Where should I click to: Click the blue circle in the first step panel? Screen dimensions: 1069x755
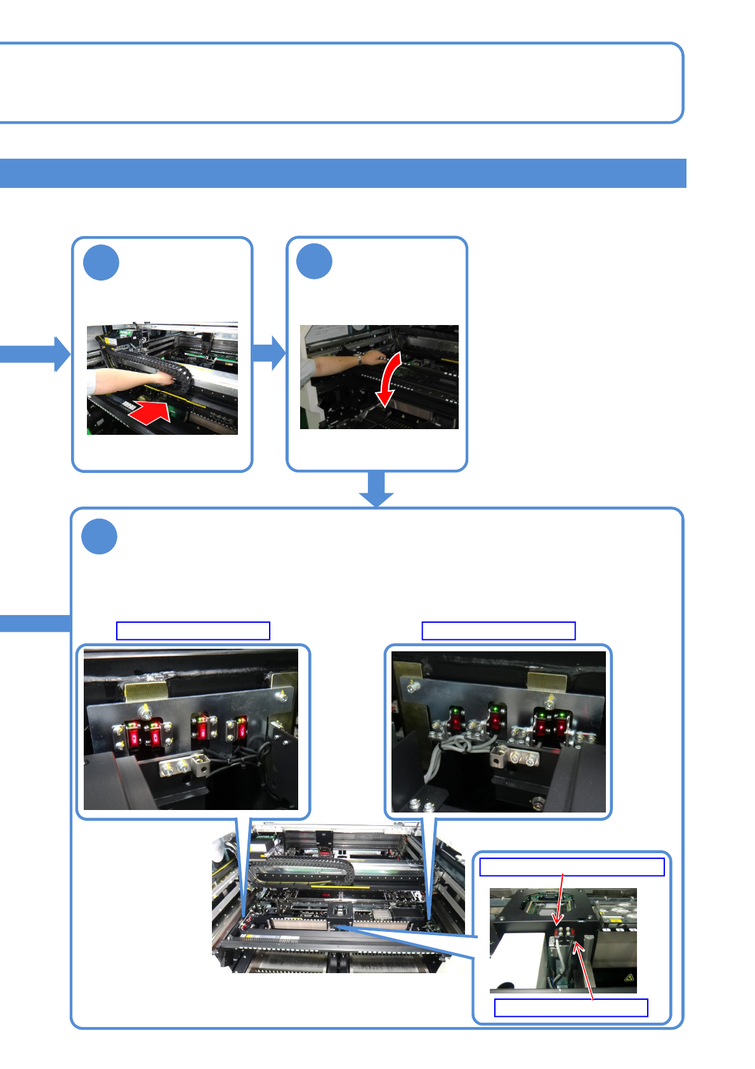(102, 262)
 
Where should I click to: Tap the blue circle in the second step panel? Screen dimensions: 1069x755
(315, 262)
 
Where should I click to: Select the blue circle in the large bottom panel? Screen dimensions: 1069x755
(100, 536)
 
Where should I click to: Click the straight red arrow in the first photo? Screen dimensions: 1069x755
(150, 412)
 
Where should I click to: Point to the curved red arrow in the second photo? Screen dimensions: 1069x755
(389, 378)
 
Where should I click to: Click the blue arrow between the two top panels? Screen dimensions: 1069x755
(270, 353)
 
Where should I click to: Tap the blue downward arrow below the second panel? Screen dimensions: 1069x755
(377, 489)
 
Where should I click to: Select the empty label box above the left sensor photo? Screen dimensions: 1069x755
(193, 630)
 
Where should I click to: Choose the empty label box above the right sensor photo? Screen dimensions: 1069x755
(499, 630)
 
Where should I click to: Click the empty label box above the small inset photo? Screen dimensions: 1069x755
(572, 866)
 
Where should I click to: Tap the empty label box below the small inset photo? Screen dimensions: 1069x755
(571, 1007)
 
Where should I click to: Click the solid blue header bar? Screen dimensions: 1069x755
(343, 173)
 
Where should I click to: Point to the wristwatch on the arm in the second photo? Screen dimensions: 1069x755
(359, 359)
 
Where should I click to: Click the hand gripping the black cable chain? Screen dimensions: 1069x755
(166, 378)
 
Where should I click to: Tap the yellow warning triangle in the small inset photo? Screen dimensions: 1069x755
(628, 978)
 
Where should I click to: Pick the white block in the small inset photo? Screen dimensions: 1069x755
(514, 962)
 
